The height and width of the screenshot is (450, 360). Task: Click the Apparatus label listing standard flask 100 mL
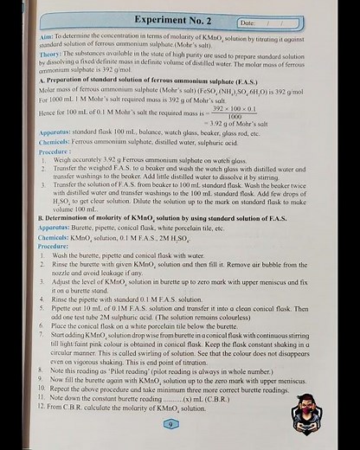[x=57, y=134]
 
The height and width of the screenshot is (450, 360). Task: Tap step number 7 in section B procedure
[x=43, y=333]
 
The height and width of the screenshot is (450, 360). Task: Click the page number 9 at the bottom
[x=171, y=423]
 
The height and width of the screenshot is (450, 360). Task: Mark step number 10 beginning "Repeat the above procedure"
[x=44, y=388]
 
